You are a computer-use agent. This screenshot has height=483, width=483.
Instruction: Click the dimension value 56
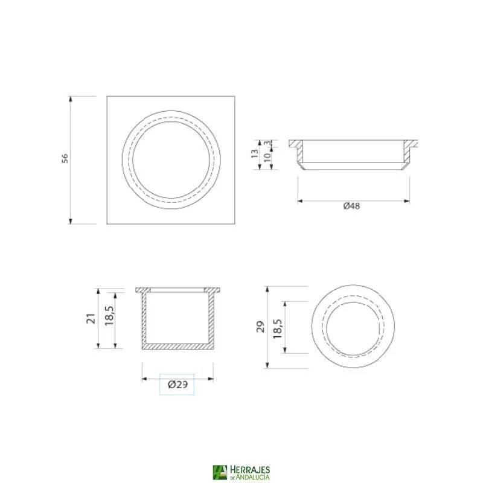coord(65,159)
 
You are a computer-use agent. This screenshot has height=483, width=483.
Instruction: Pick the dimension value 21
coord(91,318)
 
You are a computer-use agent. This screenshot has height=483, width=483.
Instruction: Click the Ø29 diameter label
coord(177,385)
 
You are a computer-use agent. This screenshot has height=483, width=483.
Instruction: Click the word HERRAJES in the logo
coord(249,469)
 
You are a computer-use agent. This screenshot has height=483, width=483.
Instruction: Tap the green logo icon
coord(220,473)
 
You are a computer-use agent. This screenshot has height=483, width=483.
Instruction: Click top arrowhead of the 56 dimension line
coord(71,99)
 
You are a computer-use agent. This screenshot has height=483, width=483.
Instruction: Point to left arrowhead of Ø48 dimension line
coord(301,200)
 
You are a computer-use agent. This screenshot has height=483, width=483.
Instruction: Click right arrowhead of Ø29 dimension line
coord(211,379)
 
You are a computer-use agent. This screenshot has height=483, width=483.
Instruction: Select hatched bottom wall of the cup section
coord(178,347)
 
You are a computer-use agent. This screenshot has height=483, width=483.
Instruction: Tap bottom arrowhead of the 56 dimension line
coord(71,220)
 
